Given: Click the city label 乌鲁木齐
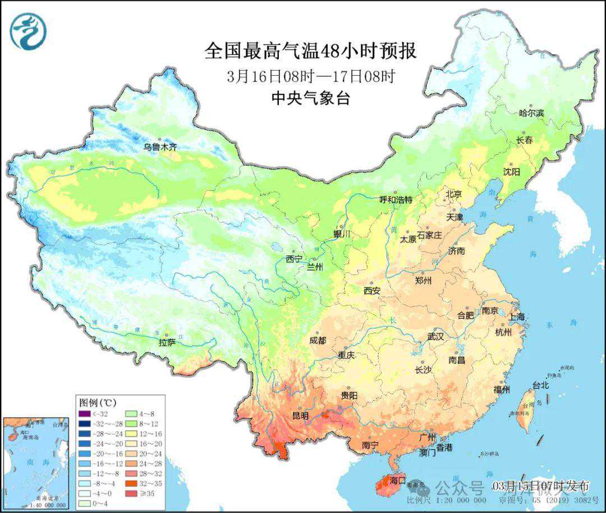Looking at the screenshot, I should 159,147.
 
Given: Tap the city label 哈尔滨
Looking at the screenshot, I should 531,113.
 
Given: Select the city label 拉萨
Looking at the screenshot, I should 167,342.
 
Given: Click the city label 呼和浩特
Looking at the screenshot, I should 396,199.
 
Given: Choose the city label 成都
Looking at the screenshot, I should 317,340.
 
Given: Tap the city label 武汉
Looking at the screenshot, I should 435,337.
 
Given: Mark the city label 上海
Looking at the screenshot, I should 516,317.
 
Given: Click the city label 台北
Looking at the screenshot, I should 540,386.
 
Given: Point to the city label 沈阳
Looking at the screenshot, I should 511,171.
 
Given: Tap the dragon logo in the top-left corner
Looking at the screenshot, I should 27,31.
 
